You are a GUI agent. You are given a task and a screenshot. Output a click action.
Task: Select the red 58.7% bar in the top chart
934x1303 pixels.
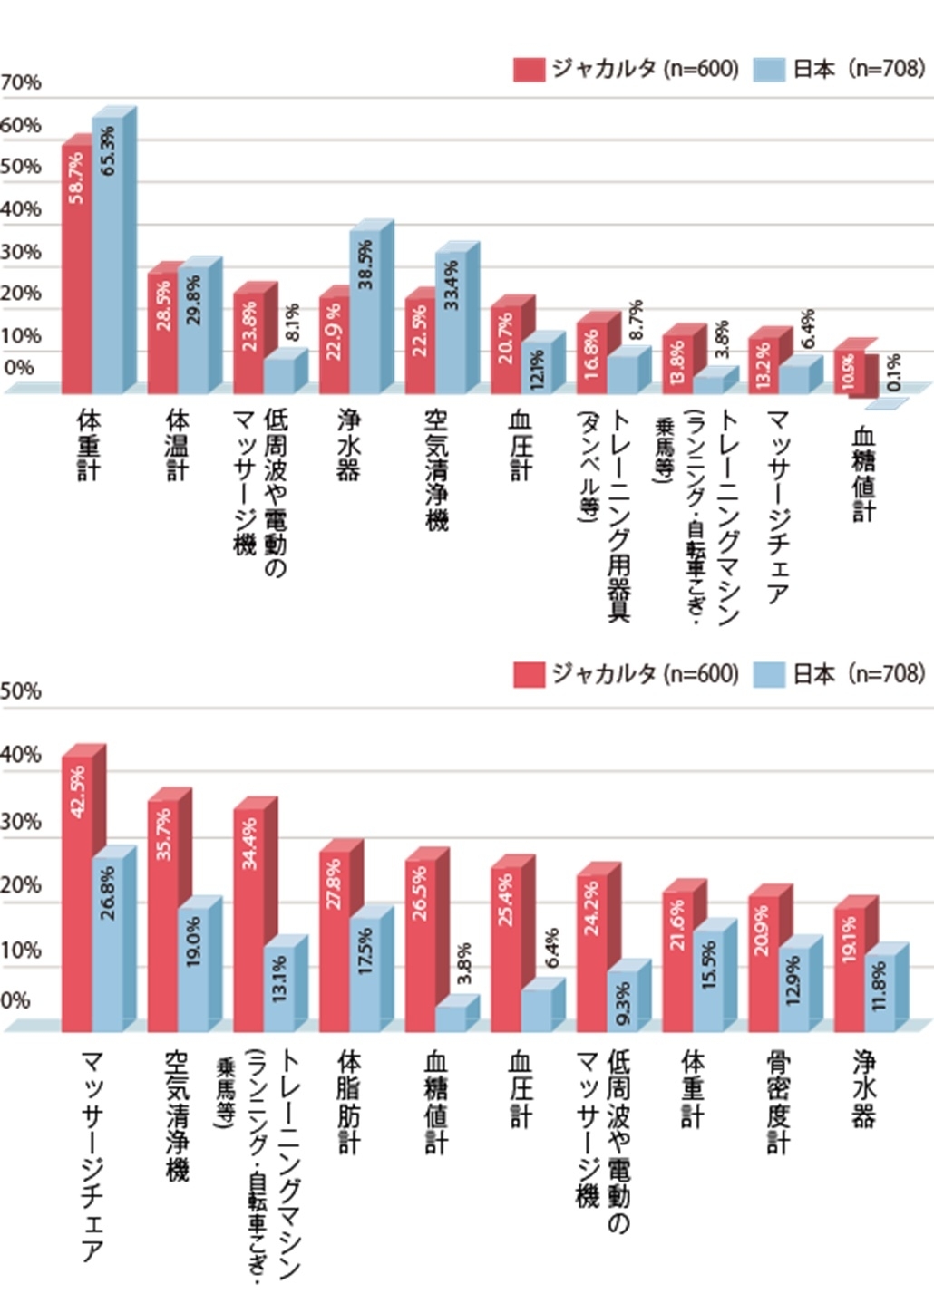77,272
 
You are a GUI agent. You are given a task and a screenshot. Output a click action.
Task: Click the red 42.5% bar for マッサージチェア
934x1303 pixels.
77,897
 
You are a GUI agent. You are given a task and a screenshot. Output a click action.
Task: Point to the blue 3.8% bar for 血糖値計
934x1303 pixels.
451,1018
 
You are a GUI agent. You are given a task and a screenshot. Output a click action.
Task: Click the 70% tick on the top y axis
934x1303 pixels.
21,83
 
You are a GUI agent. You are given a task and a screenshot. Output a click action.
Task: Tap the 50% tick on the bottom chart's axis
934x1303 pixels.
21,691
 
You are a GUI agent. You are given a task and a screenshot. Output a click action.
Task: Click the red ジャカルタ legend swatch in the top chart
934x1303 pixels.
529,70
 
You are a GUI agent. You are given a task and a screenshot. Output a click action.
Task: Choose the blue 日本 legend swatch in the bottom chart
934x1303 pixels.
769,674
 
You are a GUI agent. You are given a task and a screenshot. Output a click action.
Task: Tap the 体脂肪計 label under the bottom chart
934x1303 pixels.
349,1102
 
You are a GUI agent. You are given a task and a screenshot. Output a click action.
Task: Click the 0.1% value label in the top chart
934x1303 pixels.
894,372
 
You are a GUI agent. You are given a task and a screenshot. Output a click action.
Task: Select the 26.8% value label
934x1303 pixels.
108,893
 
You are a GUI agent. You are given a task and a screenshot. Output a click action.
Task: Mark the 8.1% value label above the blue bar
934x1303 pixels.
292,323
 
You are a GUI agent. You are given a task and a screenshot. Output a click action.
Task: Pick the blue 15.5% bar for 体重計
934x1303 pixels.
708,983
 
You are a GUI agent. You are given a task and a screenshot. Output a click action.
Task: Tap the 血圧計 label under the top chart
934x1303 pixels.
521,444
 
